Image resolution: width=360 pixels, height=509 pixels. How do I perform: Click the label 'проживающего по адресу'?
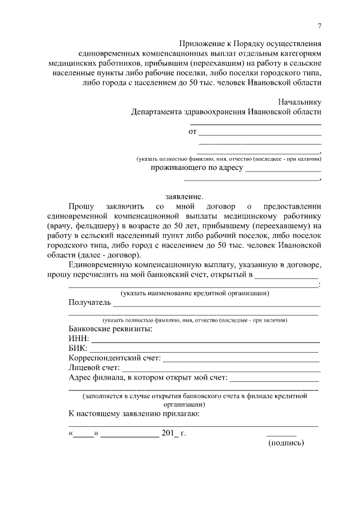(x=197, y=168)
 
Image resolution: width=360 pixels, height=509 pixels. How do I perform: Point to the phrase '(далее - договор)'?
(x=111, y=254)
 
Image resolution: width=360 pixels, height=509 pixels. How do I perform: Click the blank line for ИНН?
(x=205, y=341)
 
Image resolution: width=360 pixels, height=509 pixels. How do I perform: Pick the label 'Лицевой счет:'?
(x=92, y=368)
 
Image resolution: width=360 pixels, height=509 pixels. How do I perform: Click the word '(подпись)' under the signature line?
(x=286, y=443)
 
